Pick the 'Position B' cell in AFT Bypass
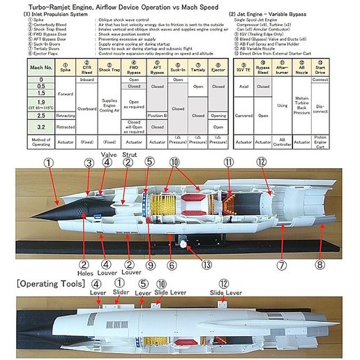point(157,115)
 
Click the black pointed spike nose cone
point(52,207)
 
